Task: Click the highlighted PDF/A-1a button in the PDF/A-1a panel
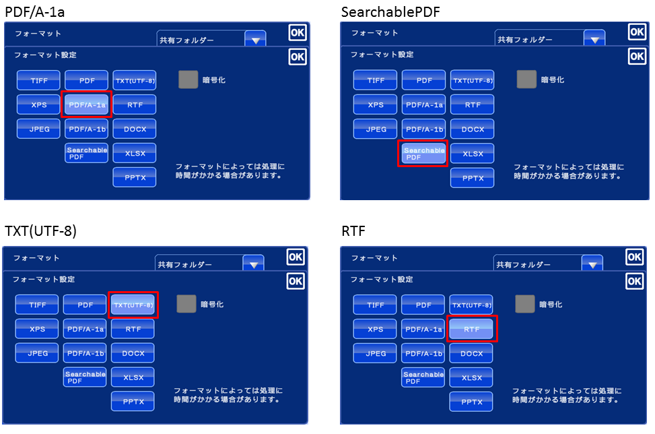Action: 86,104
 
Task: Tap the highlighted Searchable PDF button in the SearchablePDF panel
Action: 424,154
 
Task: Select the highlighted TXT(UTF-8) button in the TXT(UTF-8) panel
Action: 133,305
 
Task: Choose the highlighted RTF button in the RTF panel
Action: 472,329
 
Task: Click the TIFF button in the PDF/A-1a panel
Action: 38,80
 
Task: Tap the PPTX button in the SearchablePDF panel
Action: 472,178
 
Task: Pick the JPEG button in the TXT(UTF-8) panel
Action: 37,353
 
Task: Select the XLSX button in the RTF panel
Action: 471,377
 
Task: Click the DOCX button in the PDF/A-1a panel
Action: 135,129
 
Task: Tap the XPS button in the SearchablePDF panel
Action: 376,104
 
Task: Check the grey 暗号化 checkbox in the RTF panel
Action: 524,304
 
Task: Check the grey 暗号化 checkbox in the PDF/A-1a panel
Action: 188,80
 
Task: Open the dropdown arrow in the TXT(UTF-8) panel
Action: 253,265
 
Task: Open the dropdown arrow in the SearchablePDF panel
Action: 594,40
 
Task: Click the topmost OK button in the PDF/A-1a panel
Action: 297,32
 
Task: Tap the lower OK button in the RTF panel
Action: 634,280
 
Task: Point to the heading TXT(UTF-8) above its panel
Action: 40,231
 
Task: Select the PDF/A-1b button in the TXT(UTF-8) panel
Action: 85,353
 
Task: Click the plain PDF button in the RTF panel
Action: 423,305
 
